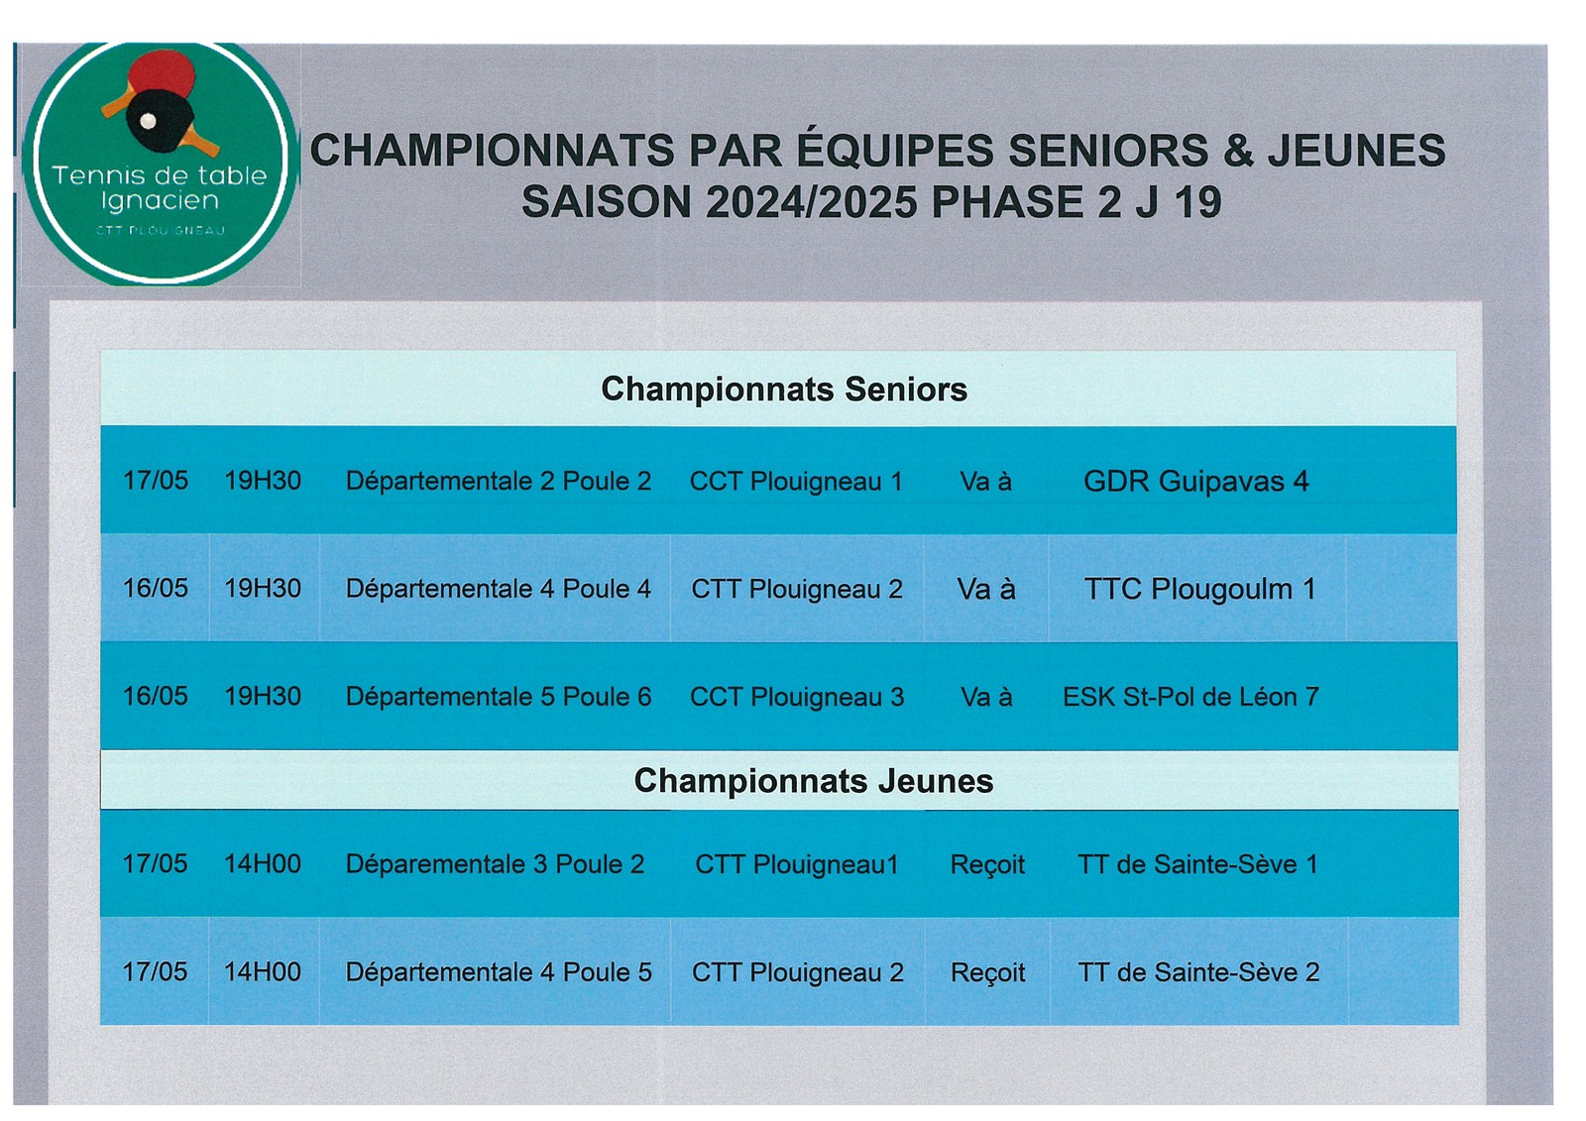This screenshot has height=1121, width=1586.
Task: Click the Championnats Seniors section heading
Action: point(784,390)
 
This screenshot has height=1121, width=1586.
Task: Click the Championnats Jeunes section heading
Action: point(814,781)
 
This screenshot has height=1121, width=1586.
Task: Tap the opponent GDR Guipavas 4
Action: point(1195,482)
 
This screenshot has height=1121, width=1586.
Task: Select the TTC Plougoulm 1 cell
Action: point(1199,589)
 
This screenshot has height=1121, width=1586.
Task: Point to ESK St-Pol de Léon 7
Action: point(1190,697)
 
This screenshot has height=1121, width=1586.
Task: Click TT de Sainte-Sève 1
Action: point(1198,864)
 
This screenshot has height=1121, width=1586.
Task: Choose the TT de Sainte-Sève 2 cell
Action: point(1198,972)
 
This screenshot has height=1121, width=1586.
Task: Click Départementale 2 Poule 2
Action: point(498,482)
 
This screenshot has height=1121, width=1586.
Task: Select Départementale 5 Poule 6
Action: point(498,697)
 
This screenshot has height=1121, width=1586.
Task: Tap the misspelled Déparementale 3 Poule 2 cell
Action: point(495,864)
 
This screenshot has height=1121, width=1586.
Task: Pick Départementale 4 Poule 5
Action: point(499,972)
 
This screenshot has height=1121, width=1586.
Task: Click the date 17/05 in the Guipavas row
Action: point(156,481)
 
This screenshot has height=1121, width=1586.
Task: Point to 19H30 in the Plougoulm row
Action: point(263,589)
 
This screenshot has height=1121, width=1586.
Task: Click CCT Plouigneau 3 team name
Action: point(797,697)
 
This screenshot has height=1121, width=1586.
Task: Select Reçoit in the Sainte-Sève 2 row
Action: point(987,973)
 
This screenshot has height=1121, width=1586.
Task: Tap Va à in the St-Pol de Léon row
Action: point(986,697)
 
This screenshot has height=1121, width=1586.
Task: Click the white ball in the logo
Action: point(148,121)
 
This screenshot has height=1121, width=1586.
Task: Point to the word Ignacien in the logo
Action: point(160,202)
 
